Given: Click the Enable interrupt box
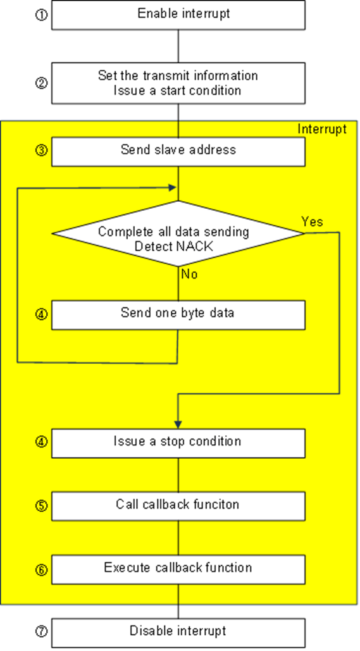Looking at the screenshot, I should click(x=178, y=14).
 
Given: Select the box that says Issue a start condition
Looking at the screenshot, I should click(x=178, y=83).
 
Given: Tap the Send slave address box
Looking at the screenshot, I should click(x=178, y=151).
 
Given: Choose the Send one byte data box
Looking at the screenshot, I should click(x=178, y=314).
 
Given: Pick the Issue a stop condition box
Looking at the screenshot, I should click(x=178, y=442).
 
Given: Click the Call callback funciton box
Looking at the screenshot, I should click(x=178, y=505).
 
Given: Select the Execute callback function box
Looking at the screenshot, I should click(x=178, y=569).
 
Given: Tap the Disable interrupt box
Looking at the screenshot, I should click(x=178, y=631).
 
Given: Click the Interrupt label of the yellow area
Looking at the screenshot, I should click(x=321, y=130).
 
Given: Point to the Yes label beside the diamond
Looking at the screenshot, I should click(x=311, y=221).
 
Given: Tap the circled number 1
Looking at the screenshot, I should click(x=41, y=14).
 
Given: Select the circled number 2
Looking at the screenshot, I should click(x=41, y=82).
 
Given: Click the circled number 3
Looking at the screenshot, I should click(x=41, y=151).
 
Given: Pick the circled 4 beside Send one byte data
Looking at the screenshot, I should click(x=41, y=314).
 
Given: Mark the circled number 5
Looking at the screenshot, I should click(x=41, y=506).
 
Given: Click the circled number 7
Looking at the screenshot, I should click(x=41, y=631).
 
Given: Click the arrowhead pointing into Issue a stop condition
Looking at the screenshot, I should click(x=178, y=425).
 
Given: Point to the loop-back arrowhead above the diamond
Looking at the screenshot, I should click(x=173, y=187).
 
